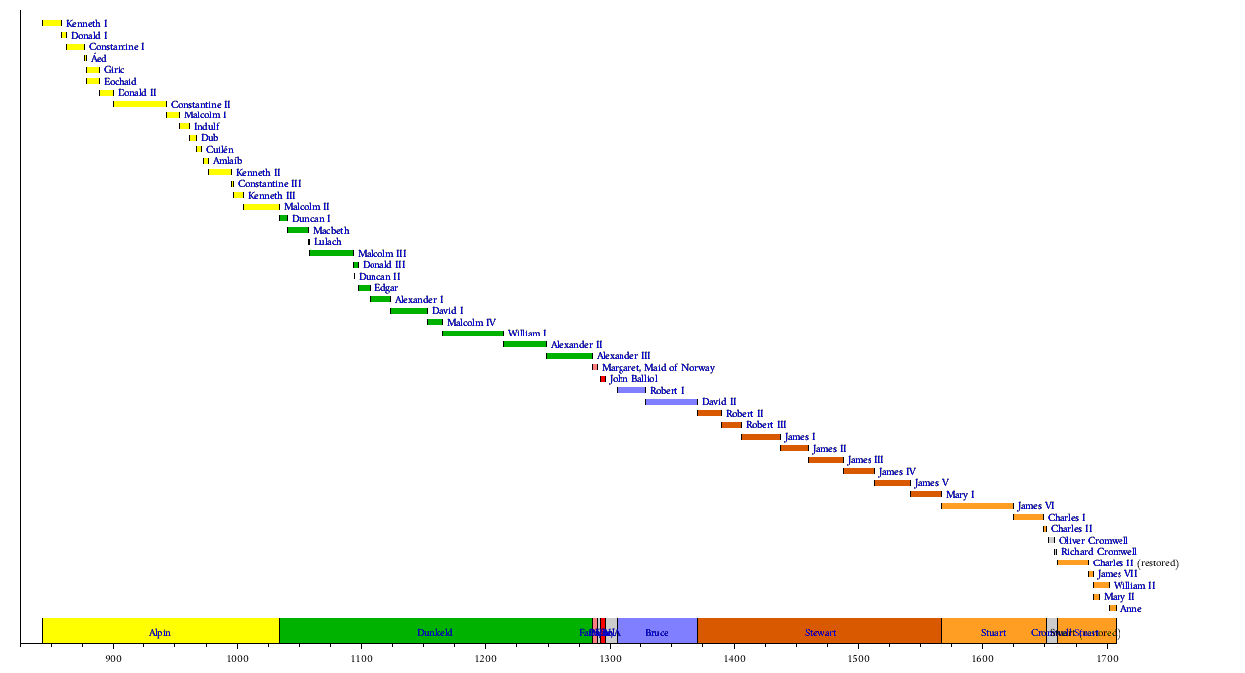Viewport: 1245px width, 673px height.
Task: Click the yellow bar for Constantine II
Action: [139, 104]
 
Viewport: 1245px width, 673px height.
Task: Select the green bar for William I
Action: [473, 334]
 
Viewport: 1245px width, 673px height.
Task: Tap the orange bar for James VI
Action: [977, 506]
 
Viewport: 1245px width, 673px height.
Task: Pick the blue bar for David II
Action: [671, 402]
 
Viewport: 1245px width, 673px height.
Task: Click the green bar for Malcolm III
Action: [331, 253]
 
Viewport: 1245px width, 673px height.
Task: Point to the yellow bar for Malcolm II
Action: [261, 207]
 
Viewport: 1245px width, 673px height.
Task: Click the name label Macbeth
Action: [331, 230]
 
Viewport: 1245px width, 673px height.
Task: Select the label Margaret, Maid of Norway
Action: [657, 368]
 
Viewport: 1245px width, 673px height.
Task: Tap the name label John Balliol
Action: [633, 379]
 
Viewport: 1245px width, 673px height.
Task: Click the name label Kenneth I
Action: [87, 23]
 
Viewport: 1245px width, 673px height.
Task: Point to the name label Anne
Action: [1130, 609]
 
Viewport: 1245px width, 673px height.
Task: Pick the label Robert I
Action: [667, 391]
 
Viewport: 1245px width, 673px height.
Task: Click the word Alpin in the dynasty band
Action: [159, 633]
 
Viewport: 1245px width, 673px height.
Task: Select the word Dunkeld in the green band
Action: [434, 633]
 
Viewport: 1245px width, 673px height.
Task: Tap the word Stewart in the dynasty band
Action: [820, 633]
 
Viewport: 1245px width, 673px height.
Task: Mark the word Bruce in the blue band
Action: [657, 633]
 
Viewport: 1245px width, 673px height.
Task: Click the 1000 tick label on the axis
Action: [237, 658]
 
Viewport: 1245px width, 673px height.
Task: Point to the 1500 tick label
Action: [858, 658]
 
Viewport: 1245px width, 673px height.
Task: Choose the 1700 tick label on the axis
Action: [1106, 658]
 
